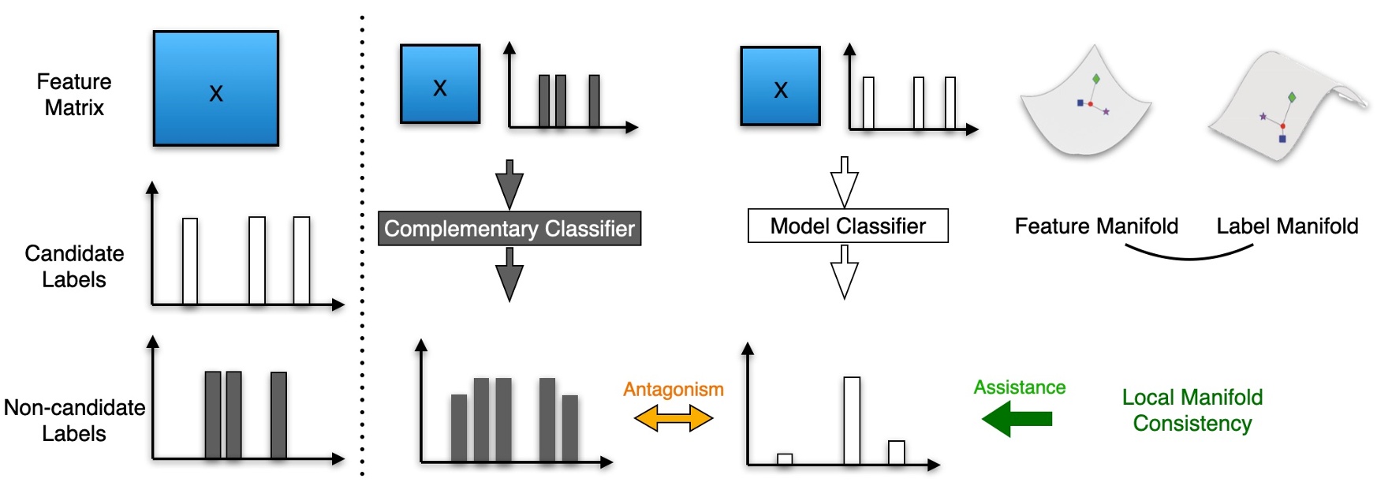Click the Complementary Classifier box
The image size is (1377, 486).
(x=509, y=229)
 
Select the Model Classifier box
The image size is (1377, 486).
(x=848, y=226)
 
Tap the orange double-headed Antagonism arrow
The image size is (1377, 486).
(x=674, y=418)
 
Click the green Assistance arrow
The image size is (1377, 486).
(x=1017, y=418)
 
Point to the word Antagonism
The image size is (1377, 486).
(x=674, y=389)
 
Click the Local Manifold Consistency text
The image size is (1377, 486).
(x=1192, y=410)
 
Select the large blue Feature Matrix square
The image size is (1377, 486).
(x=216, y=88)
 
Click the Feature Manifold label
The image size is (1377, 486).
(x=1096, y=226)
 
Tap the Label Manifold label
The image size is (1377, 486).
(x=1287, y=226)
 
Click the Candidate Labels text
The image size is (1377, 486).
(x=74, y=267)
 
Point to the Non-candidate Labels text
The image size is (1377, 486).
(x=74, y=421)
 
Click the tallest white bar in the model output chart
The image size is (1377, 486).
(x=852, y=421)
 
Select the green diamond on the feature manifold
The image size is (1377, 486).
(x=1096, y=79)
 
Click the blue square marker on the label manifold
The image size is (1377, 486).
(x=1282, y=139)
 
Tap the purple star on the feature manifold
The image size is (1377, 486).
(x=1106, y=112)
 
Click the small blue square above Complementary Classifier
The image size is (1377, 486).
(x=440, y=84)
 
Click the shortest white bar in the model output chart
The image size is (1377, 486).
(x=785, y=459)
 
